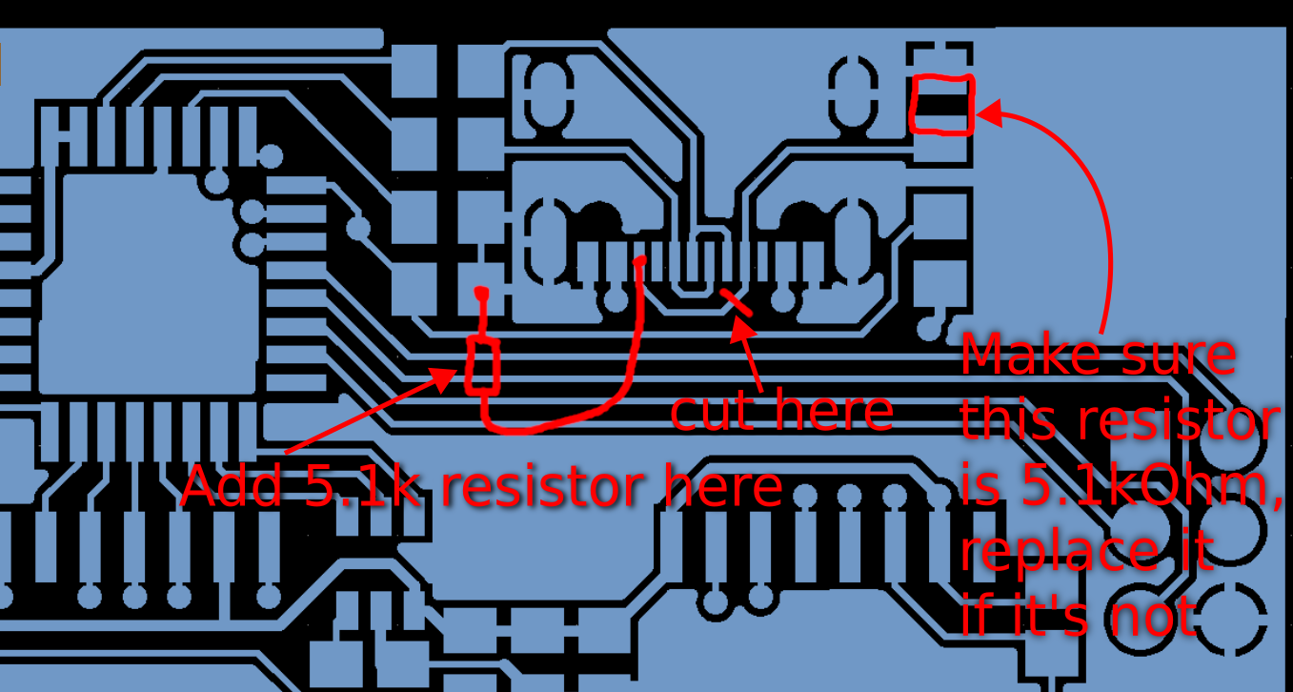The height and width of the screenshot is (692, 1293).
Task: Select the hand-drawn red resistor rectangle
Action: (x=483, y=365)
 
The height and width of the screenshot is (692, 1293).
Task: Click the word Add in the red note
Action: (x=232, y=487)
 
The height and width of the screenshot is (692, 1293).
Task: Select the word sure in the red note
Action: (x=1185, y=356)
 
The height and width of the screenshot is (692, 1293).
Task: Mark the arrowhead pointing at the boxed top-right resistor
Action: (x=987, y=113)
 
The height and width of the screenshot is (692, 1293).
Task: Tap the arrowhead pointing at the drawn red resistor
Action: (x=447, y=376)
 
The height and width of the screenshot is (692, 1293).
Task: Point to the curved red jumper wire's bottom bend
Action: (x=534, y=424)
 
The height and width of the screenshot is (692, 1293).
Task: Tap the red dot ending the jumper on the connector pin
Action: (x=640, y=261)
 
